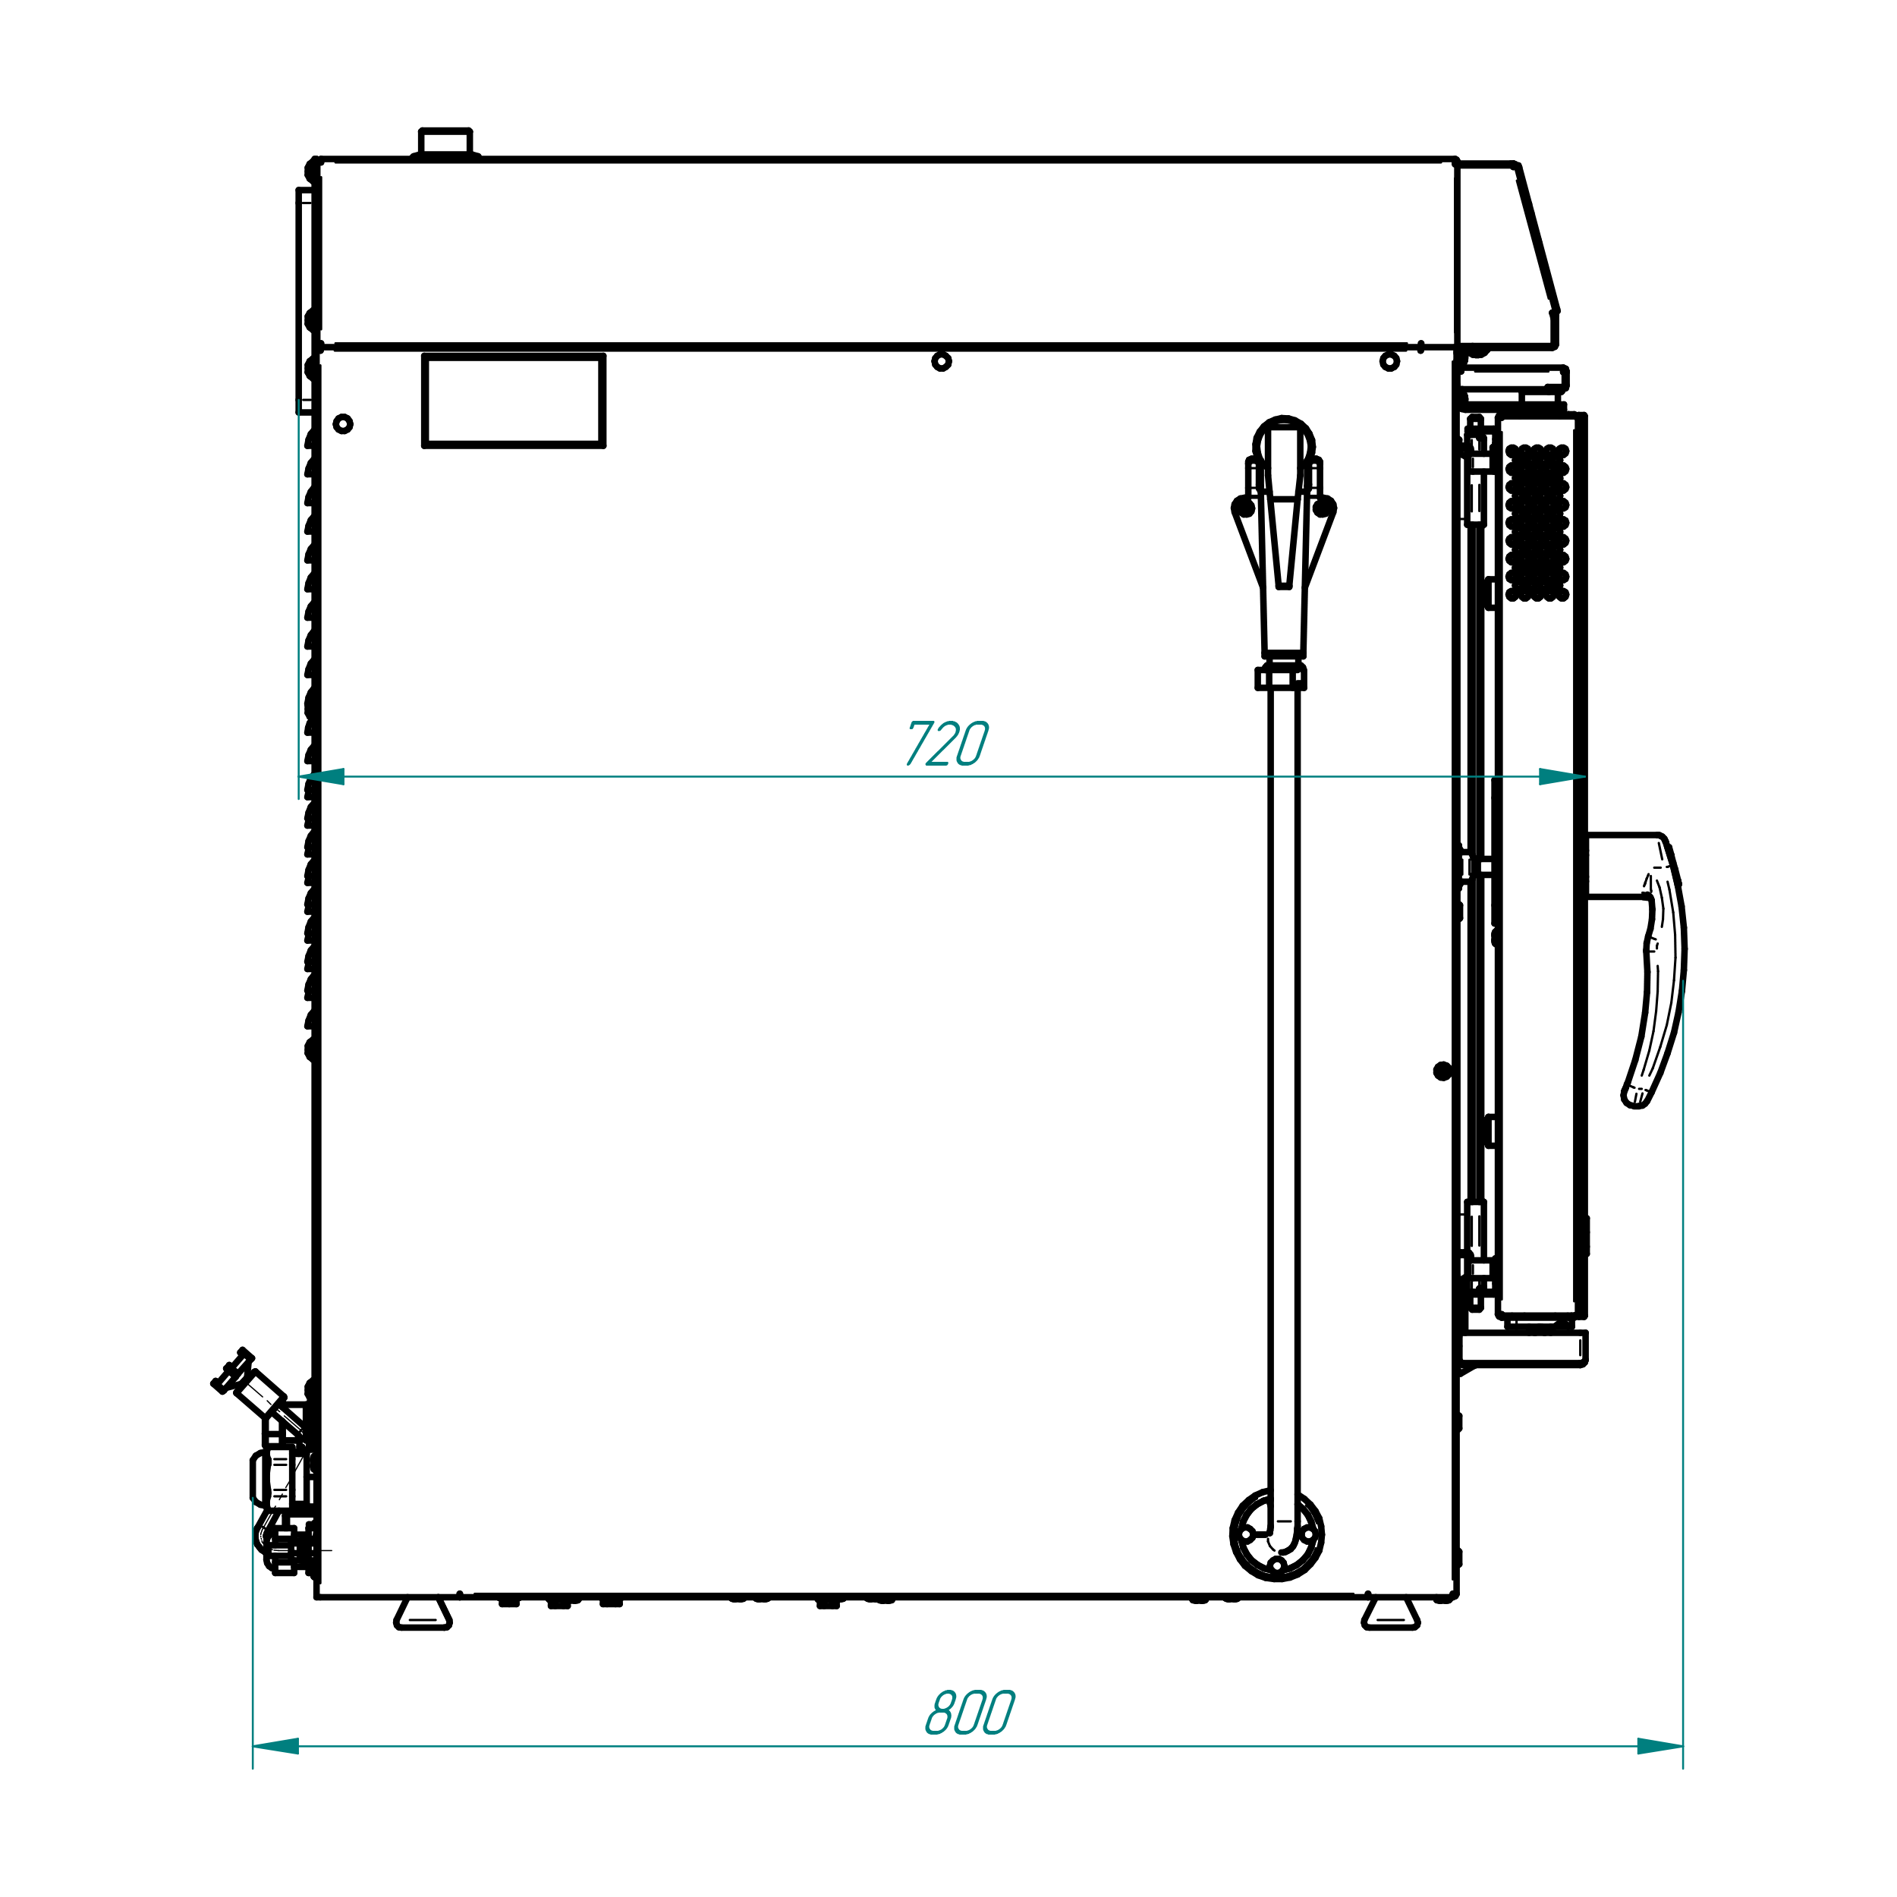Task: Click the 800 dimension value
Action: [970, 1713]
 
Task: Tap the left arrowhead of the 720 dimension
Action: [322, 777]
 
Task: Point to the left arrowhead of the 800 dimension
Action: [276, 1746]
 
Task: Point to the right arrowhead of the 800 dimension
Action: [1660, 1746]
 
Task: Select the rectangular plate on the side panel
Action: [514, 401]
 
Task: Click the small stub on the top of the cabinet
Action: [445, 143]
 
